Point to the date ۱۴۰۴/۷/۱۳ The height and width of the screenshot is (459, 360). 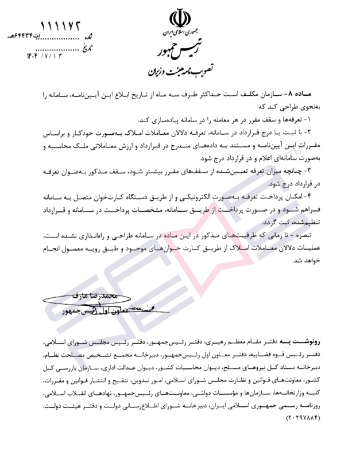pyautogui.click(x=42, y=56)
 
